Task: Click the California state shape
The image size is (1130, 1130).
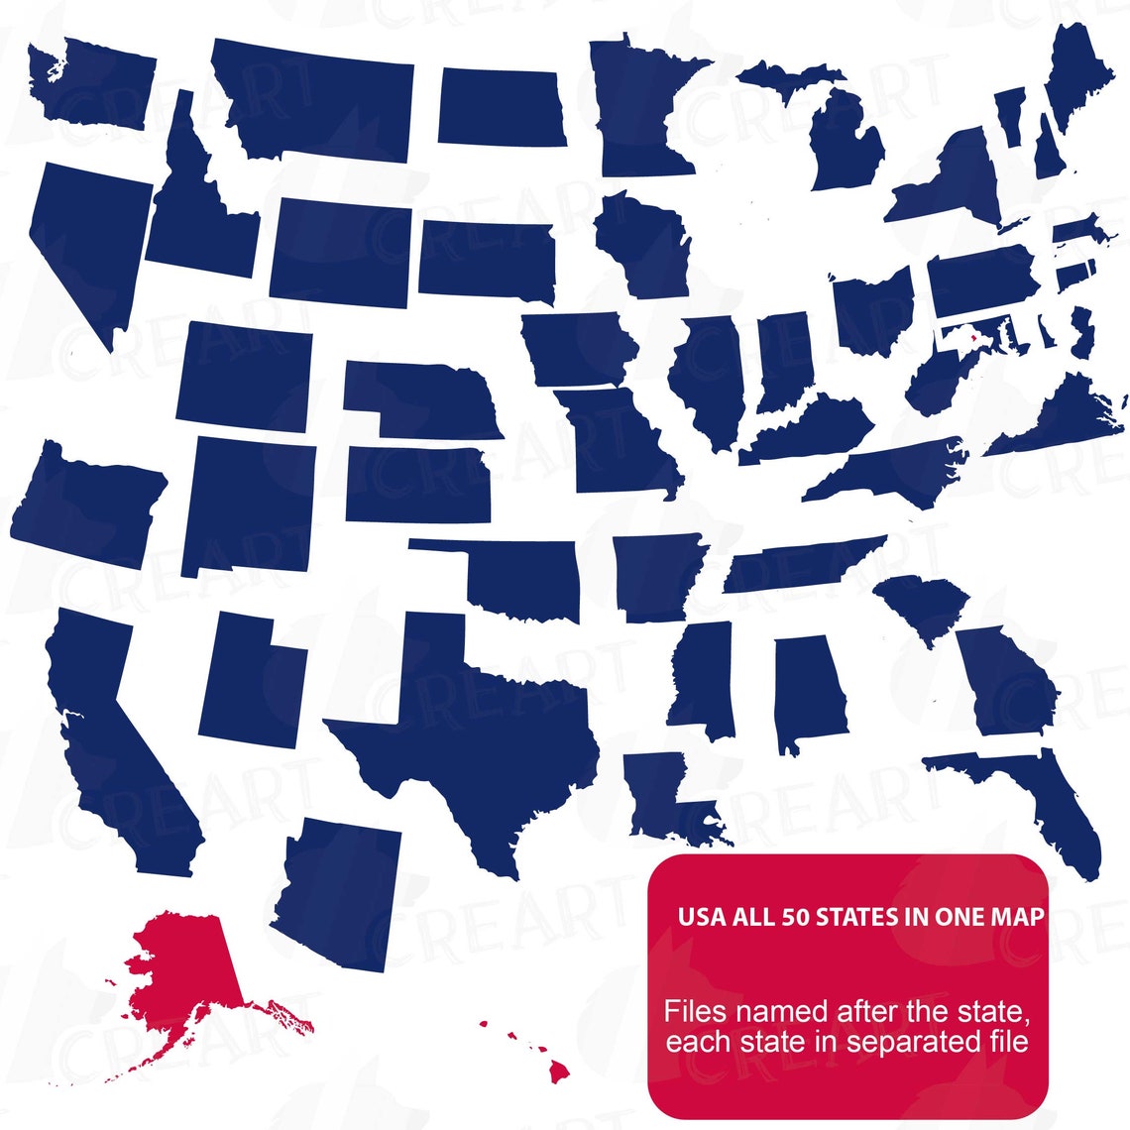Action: (x=119, y=753)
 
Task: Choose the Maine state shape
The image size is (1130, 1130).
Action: (x=1075, y=69)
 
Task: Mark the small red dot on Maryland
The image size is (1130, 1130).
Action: (x=973, y=338)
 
